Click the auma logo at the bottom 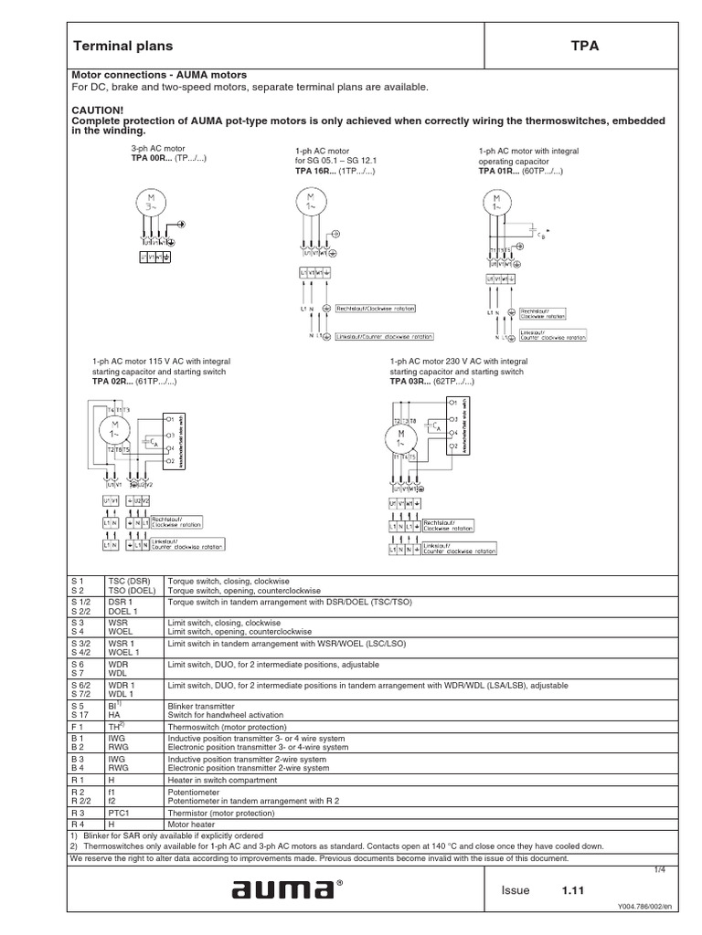pos(283,890)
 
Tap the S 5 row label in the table pos(77,706)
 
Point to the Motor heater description pos(188,824)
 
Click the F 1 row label pos(77,726)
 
